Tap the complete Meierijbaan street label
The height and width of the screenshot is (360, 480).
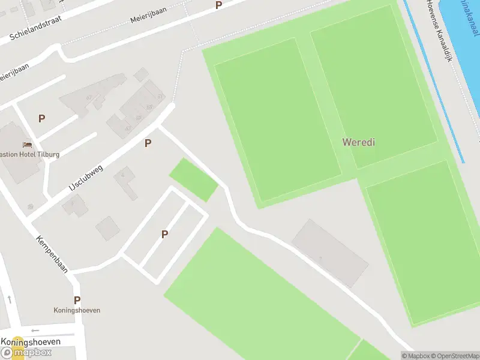coord(148,14)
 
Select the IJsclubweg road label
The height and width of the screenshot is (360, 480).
coord(86,178)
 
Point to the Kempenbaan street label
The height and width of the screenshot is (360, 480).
coord(52,254)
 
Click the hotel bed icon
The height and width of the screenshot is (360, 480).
coord(26,145)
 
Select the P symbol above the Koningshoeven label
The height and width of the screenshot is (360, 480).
coord(77,300)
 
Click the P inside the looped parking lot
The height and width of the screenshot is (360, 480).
coord(164,235)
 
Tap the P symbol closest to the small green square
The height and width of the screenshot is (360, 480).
coord(148,143)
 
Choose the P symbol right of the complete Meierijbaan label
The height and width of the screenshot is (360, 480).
coord(218,5)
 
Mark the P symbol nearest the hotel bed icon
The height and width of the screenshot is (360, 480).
coord(41,118)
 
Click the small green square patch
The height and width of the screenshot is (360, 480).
coord(193,179)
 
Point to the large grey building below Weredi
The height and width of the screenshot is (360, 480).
coord(330,253)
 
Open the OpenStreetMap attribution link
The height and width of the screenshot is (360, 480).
coord(456,356)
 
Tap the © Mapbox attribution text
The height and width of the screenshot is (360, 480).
coord(416,356)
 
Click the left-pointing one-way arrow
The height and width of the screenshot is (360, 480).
coord(35,330)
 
